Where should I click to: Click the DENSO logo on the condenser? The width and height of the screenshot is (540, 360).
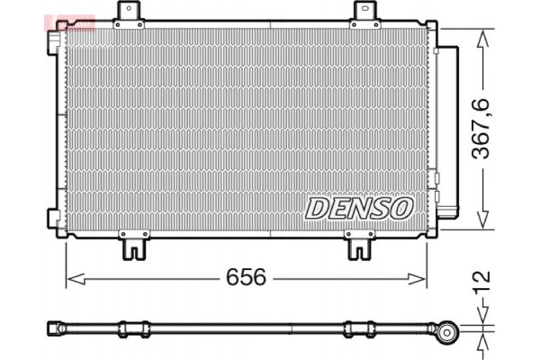pos(358,208)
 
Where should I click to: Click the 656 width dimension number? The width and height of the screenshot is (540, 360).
pos(246,278)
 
